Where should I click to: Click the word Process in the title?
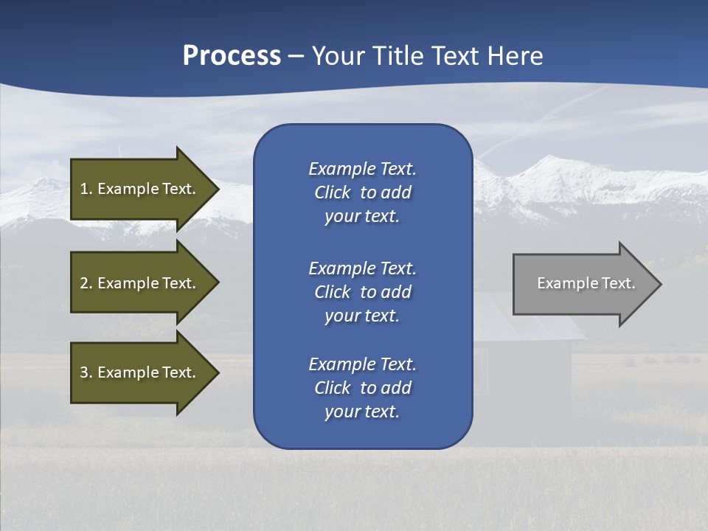coord(232,56)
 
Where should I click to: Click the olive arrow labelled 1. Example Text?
coord(140,189)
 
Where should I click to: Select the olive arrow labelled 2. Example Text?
coord(140,283)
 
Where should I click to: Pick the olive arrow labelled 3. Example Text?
coord(140,372)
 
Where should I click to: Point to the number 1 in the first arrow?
coord(84,189)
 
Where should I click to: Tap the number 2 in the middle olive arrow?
coord(84,283)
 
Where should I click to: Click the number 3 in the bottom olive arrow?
coord(84,372)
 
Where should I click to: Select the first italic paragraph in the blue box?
coord(362,192)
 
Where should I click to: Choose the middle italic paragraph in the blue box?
coord(362,291)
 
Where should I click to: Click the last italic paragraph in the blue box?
coord(362,388)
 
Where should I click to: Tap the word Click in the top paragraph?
coord(332,192)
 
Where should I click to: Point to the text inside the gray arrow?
coord(586,283)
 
